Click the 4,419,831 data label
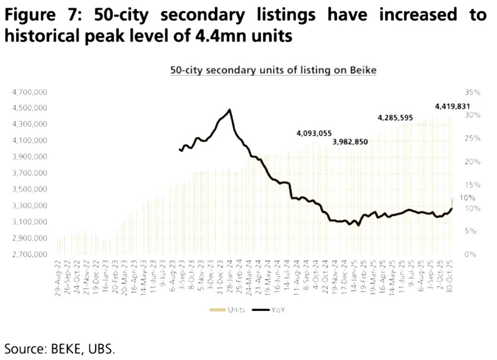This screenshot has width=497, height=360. (452, 106)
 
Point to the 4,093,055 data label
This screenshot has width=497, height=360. (314, 133)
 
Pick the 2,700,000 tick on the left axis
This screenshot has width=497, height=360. (29, 255)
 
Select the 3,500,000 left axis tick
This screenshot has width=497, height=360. (29, 190)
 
